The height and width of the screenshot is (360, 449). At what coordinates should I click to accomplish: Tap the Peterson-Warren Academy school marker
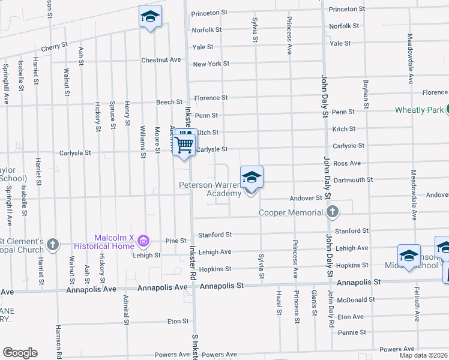click(x=252, y=178)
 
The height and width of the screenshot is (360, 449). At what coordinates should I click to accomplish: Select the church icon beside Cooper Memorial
click(x=333, y=212)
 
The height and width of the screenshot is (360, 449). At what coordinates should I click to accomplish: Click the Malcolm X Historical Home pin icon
click(x=143, y=241)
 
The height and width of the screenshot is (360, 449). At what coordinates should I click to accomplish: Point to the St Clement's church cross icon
click(x=53, y=244)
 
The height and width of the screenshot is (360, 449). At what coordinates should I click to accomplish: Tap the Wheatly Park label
click(x=419, y=110)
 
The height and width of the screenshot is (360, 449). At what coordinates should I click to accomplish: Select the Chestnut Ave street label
click(x=161, y=60)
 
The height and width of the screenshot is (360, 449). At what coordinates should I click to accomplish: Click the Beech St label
click(x=169, y=103)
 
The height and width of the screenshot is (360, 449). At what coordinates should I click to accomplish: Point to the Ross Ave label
click(x=347, y=163)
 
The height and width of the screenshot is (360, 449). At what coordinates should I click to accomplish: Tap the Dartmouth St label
click(x=352, y=179)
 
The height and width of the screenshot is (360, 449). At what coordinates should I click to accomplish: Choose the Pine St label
click(x=176, y=241)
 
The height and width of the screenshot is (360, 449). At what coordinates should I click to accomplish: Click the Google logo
click(x=20, y=353)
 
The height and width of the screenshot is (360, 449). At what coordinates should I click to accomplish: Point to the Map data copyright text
click(x=424, y=355)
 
